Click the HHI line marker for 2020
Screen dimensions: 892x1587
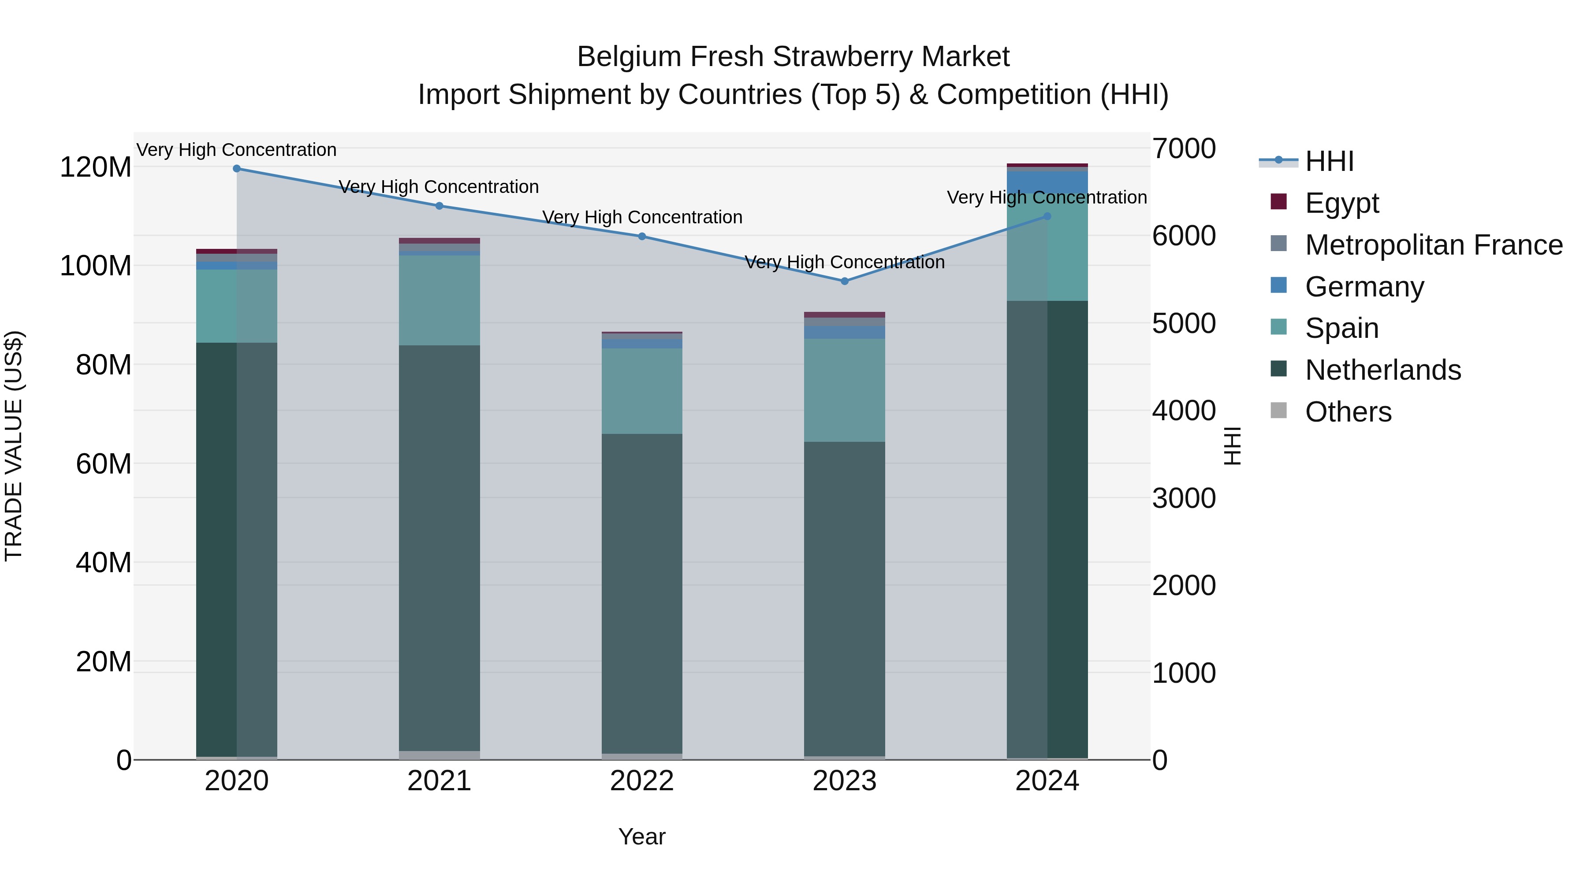coord(237,169)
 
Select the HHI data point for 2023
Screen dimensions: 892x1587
coord(845,281)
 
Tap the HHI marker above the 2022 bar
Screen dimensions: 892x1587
coord(642,237)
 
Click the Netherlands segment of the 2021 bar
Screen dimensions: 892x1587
coord(439,548)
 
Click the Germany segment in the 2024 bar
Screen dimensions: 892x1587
coord(1047,182)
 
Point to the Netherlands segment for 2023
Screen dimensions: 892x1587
coord(845,597)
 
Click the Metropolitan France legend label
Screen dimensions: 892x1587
coord(1434,245)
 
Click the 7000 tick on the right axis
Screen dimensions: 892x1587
coord(1184,149)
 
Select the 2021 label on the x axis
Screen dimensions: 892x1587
coord(439,781)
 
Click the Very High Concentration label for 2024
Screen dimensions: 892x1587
coord(1047,198)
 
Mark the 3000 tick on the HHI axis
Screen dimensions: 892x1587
coord(1184,499)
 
